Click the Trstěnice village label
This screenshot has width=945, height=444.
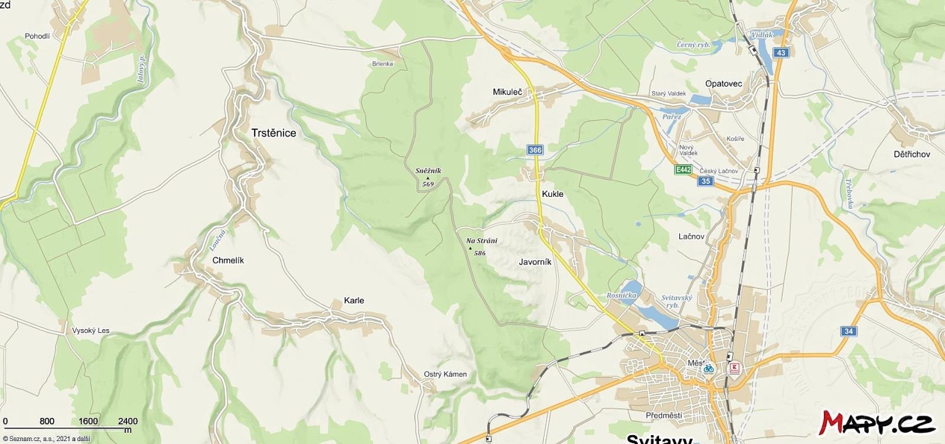273,133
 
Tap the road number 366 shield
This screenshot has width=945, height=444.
535,150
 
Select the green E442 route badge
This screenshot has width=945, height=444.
683,170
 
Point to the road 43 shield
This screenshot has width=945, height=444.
781,53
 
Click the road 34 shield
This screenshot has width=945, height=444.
849,331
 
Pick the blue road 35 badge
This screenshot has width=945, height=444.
706,181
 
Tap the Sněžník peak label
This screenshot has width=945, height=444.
428,171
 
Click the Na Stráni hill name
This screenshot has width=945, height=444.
481,241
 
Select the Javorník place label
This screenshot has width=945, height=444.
535,262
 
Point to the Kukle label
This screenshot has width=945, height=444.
552,194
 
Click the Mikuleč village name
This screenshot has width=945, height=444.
507,92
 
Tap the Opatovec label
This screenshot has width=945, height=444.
724,84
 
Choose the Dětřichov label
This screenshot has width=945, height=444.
911,154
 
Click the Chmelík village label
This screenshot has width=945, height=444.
228,260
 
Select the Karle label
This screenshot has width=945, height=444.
354,300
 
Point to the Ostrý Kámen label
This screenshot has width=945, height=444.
445,374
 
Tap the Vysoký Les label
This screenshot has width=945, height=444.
90,330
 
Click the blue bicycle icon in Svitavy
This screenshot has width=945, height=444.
708,368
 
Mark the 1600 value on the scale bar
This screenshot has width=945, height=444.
88,421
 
